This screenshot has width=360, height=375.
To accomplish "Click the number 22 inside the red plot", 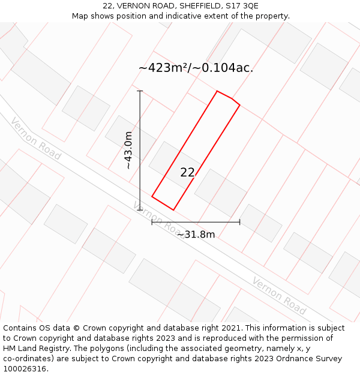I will (x=187, y=172).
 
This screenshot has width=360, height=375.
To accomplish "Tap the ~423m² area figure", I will (x=164, y=68).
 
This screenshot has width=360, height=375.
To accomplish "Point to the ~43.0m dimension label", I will (x=128, y=150).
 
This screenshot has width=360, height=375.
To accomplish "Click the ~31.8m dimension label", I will (x=196, y=235).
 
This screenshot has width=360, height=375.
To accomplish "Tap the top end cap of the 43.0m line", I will (x=140, y=91).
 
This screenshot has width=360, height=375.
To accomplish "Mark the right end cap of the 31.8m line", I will (x=239, y=222).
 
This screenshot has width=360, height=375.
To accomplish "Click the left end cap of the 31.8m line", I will (x=152, y=222).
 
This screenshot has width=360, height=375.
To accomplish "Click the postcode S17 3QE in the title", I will (x=240, y=6).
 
